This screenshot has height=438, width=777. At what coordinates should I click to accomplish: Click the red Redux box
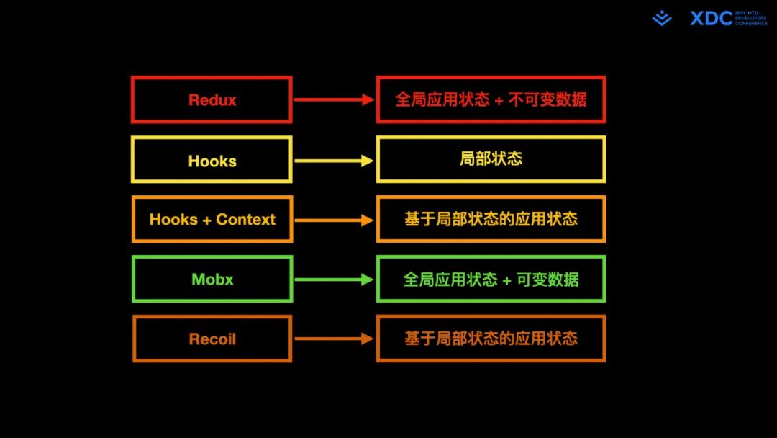212,99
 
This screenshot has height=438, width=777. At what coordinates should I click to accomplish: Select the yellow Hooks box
212,160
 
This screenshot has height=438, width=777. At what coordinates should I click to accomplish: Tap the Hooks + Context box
212,220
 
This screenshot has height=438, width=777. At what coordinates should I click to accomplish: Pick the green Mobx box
212,279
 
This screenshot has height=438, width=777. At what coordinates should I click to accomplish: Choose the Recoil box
212,339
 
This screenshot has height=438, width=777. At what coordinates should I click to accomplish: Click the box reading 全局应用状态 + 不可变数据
491,99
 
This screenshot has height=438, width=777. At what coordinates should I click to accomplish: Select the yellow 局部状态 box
491,159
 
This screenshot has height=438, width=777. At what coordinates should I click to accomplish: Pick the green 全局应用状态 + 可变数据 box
491,279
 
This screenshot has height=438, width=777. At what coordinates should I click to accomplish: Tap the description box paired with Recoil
491,339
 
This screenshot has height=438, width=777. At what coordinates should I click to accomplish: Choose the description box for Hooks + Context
491,219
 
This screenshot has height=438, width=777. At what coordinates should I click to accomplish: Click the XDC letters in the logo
711,19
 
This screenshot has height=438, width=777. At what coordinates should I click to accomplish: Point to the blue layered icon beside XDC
662,19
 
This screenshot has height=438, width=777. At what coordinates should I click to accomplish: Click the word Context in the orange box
245,220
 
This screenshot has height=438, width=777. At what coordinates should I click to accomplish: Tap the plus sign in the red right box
499,100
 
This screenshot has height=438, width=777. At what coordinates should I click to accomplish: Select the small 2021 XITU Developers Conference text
750,18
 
